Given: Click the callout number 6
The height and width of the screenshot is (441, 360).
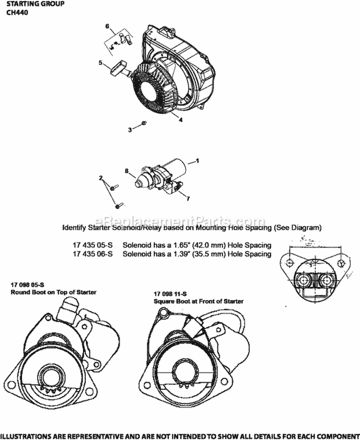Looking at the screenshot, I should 108,25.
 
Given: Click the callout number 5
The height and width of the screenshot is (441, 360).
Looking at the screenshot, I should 100,62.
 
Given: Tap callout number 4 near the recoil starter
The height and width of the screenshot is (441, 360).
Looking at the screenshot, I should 180,120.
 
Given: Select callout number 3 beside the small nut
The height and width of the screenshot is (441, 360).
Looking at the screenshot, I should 130,130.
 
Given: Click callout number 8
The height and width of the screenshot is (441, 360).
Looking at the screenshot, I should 127,170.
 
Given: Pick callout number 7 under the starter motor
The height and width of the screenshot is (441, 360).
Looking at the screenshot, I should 188,198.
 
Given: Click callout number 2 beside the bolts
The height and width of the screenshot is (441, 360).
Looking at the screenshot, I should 101,178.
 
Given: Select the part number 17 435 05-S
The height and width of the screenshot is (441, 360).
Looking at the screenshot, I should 93,245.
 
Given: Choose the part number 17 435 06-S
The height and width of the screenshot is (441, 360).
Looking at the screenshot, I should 93,254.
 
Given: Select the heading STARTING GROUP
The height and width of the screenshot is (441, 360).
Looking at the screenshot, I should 33,4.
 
